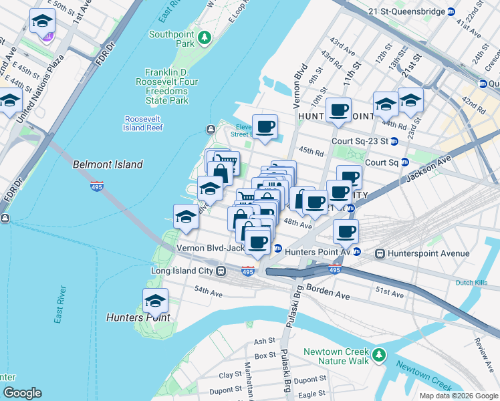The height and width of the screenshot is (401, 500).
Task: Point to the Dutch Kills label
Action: point(473,283)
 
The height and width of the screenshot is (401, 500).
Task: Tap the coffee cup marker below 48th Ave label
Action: point(345,232)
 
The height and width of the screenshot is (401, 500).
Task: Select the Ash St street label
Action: point(265,342)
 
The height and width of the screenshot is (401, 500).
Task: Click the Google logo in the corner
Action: point(23,393)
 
